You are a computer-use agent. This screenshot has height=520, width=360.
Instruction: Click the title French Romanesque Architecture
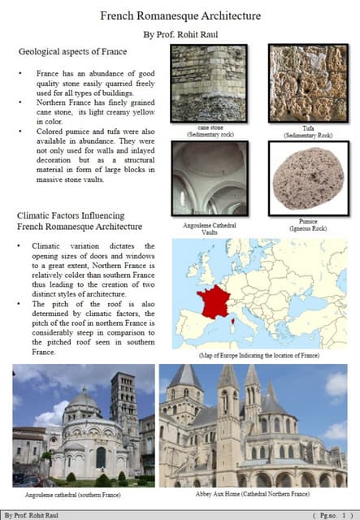point(180,15)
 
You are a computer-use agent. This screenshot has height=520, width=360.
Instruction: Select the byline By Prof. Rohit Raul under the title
point(180,34)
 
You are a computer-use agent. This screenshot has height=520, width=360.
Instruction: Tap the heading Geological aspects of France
point(72,52)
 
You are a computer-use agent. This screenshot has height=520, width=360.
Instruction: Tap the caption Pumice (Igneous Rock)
point(307,225)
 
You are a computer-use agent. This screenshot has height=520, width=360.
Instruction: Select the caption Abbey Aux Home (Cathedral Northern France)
point(253,493)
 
